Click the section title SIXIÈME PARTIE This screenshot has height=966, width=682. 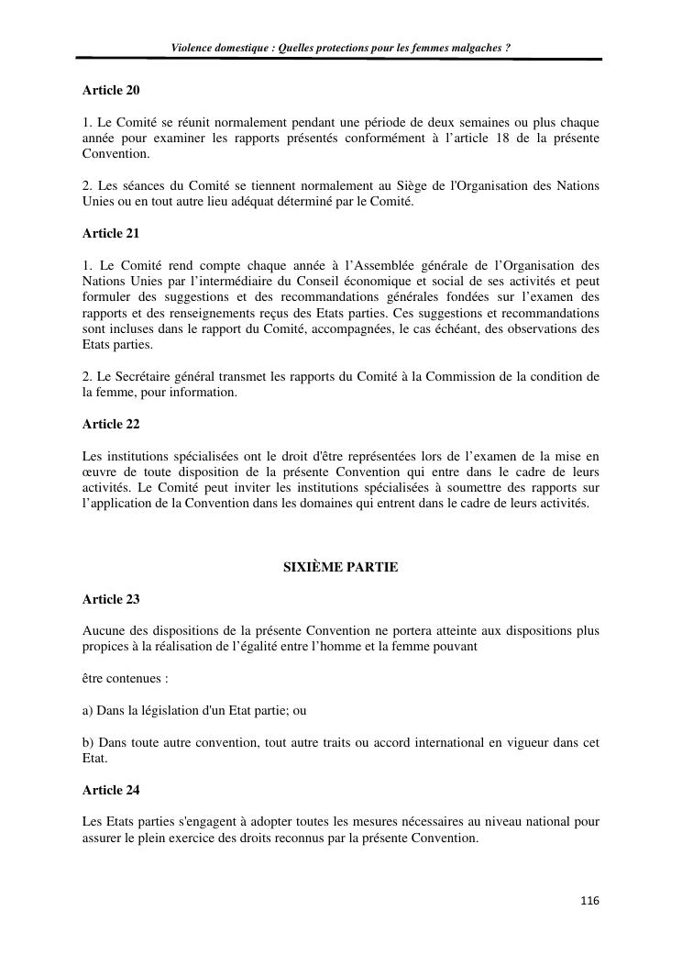[x=340, y=567]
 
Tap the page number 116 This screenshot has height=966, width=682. [x=589, y=901]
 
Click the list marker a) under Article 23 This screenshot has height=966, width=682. [x=88, y=711]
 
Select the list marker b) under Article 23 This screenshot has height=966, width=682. [x=88, y=743]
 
